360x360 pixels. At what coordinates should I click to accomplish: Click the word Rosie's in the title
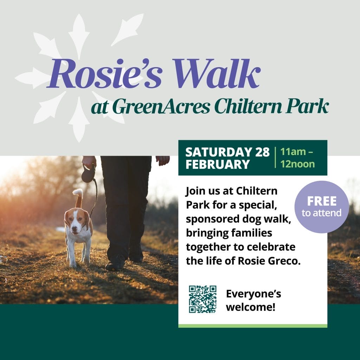pyautogui.click(x=105, y=73)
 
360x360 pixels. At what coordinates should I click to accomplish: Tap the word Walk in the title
pyautogui.click(x=217, y=73)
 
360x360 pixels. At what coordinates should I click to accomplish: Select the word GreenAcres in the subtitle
pyautogui.click(x=161, y=106)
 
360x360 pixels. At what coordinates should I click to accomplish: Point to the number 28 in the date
pyautogui.click(x=262, y=152)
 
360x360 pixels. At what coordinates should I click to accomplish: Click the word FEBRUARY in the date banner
pyautogui.click(x=218, y=165)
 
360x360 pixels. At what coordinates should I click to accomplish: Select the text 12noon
pyautogui.click(x=297, y=164)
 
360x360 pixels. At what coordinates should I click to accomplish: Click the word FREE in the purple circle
pyautogui.click(x=322, y=201)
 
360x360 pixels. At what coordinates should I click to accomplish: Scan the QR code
pyautogui.click(x=202, y=299)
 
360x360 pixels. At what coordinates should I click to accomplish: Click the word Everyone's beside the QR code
pyautogui.click(x=253, y=294)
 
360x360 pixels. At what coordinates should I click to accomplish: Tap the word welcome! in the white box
pyautogui.click(x=250, y=307)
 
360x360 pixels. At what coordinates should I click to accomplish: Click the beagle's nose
pyautogui.click(x=74, y=229)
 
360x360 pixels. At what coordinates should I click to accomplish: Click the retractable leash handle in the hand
pyautogui.click(x=88, y=174)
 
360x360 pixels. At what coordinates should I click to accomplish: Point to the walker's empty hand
pyautogui.click(x=163, y=160)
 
